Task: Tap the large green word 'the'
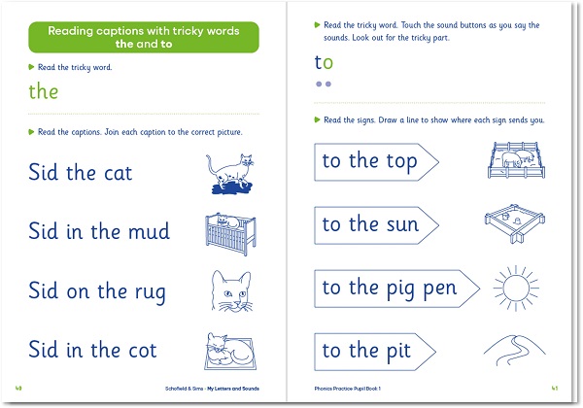(x=44, y=92)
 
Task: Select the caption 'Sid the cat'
(x=81, y=174)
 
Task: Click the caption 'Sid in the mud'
(x=99, y=231)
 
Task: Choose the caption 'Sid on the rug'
(x=97, y=290)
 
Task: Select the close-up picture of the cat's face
(x=230, y=290)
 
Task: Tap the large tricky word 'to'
(x=324, y=63)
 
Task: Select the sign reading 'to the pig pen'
(x=394, y=289)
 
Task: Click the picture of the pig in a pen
(x=515, y=161)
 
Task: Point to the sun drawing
(x=516, y=287)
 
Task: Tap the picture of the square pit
(x=516, y=224)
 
